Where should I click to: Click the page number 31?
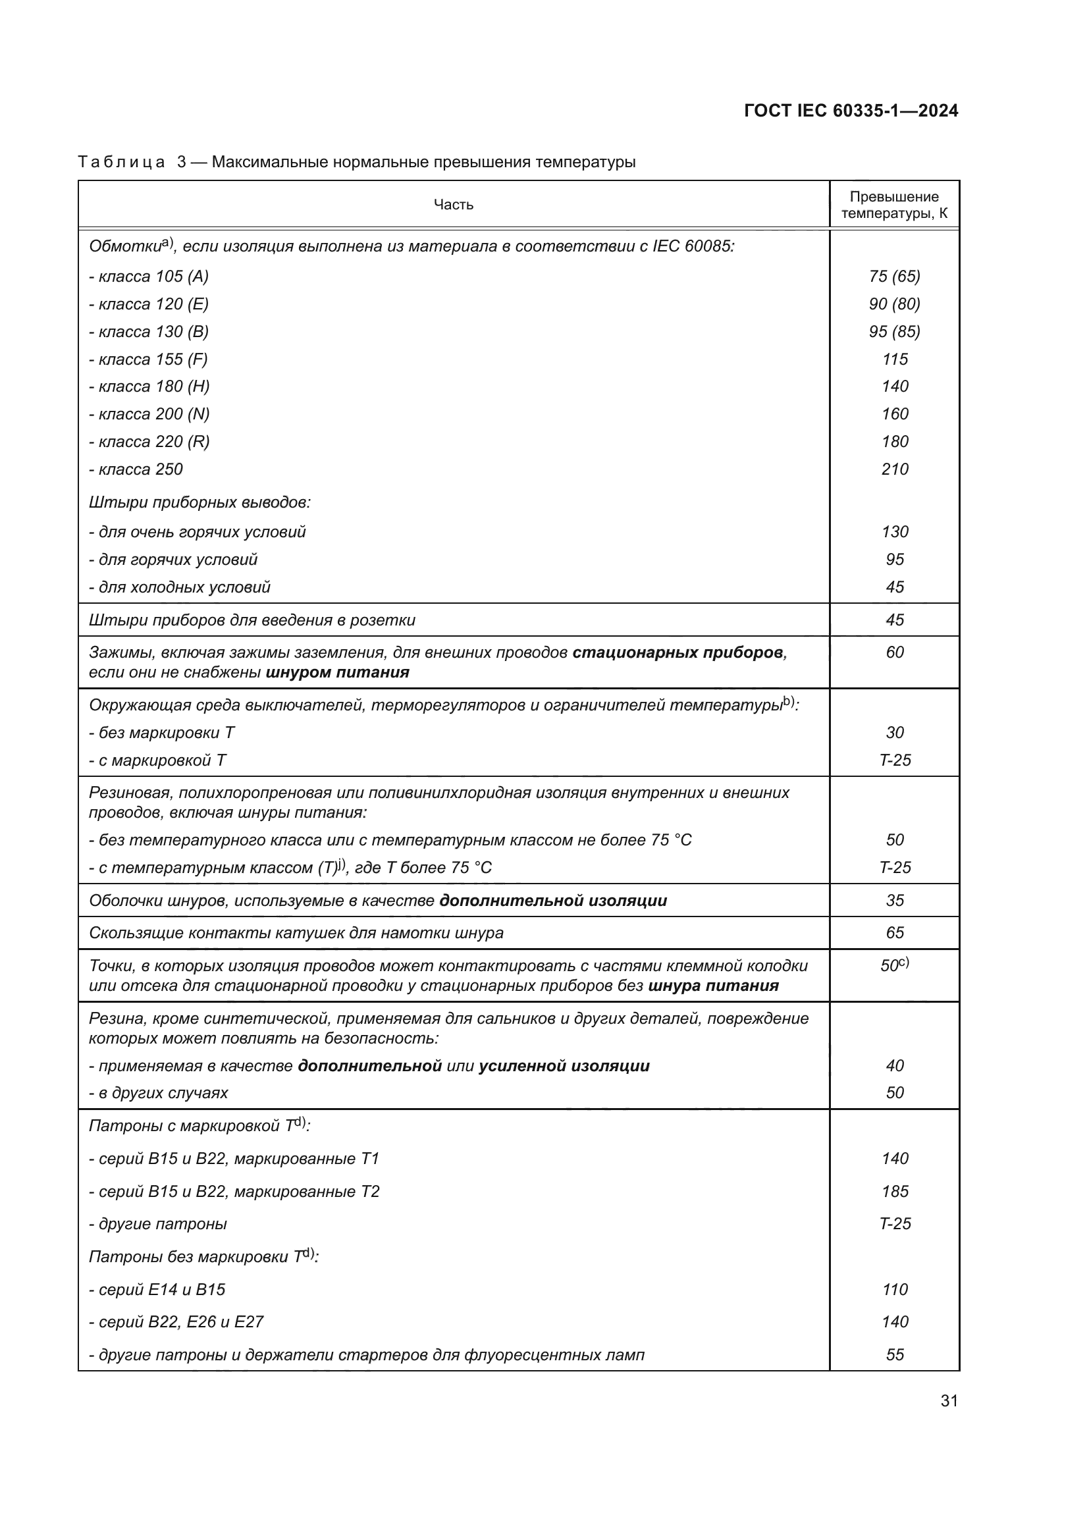949,1401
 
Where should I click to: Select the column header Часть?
453,205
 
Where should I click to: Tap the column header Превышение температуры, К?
894,205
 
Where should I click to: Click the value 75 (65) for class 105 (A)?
894,277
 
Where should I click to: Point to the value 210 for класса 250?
895,469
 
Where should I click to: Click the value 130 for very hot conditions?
895,532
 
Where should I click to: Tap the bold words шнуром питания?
337,673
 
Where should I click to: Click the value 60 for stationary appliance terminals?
895,652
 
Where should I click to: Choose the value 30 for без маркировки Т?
895,732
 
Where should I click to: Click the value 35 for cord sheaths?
895,900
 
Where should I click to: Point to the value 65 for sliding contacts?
895,933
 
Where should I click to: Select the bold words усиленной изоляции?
564,1066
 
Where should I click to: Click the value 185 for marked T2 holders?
895,1191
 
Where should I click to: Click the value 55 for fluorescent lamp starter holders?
895,1354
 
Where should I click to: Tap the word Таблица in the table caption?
121,163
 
